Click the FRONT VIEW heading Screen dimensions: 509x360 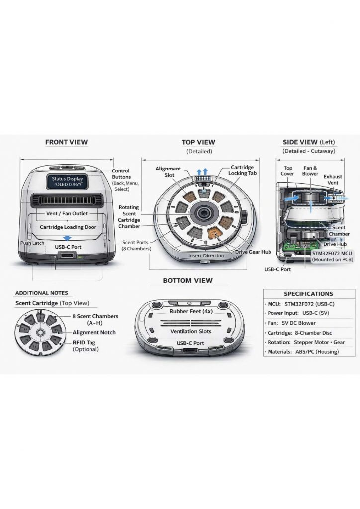[66, 142]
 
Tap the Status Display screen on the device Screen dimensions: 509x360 [67, 181]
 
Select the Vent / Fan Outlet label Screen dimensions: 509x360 [67, 214]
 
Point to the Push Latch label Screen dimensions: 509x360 [32, 243]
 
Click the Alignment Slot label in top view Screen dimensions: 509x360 [168, 172]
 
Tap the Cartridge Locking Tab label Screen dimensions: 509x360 [242, 170]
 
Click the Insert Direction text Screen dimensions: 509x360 [206, 255]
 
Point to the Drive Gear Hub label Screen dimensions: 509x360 [253, 252]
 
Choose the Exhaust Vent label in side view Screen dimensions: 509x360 [333, 180]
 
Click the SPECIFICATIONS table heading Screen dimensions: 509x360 [308, 294]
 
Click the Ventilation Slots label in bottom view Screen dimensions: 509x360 [191, 331]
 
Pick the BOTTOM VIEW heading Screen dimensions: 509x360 [187, 281]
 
